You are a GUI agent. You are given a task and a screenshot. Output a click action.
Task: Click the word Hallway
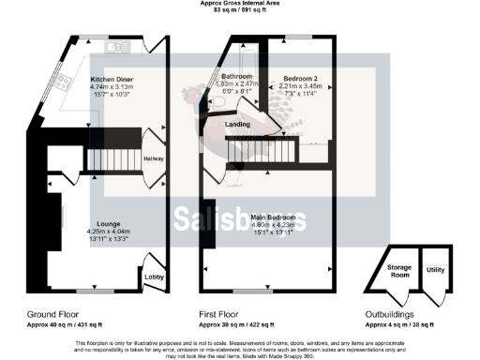[154, 158]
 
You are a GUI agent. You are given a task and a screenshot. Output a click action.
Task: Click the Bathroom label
[237, 76]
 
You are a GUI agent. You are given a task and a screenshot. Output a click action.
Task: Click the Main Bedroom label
[269, 217]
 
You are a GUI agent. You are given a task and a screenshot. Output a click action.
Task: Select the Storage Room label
[400, 271]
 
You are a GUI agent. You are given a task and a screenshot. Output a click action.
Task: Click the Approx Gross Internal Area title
[239, 4]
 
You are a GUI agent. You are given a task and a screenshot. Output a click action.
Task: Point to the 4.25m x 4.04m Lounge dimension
[109, 232]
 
